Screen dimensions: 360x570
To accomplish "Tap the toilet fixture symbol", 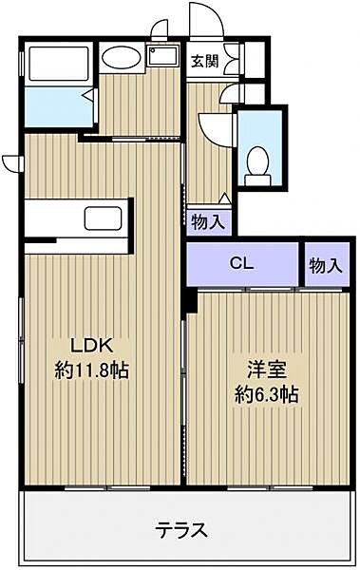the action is (258, 165).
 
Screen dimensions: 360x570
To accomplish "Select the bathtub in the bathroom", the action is (59, 64).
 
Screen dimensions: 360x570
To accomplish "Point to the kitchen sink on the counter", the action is (103, 218).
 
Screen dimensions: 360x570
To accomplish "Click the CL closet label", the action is (241, 263).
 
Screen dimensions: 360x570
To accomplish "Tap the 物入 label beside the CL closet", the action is (326, 266).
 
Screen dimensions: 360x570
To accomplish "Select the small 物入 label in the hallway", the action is (208, 221).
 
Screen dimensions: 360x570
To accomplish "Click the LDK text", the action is (91, 346).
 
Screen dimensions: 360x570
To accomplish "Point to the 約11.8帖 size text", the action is (91, 370).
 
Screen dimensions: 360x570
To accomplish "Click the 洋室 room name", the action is (267, 370).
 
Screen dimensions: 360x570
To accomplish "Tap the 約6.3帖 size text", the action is (267, 394).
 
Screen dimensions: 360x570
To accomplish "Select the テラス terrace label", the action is (181, 530).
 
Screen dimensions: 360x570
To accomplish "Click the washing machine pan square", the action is (163, 56).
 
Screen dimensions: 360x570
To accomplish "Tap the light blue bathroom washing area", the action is (59, 106).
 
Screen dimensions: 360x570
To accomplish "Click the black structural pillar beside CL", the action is (191, 299).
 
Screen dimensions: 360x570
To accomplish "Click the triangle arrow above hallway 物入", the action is (225, 199).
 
